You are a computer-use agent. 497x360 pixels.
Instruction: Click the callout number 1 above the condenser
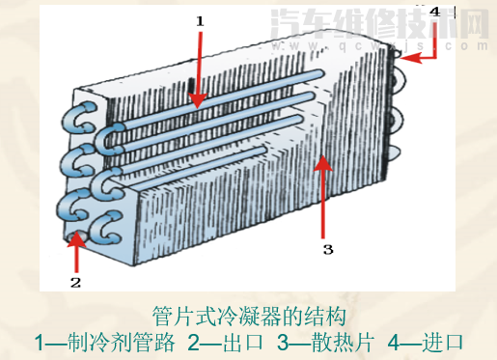tap(201, 20)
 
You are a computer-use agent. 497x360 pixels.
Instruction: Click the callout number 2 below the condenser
tap(75, 283)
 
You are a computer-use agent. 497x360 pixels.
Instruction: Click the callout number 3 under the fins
tap(327, 249)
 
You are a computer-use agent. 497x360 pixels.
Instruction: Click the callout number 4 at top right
tap(434, 12)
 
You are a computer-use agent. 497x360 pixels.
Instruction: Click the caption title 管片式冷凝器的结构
tap(249, 317)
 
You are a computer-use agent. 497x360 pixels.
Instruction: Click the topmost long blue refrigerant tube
tap(222, 87)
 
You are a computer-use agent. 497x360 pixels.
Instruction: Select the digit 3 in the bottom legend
tap(282, 343)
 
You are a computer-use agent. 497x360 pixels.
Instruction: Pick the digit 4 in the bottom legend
tap(393, 343)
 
